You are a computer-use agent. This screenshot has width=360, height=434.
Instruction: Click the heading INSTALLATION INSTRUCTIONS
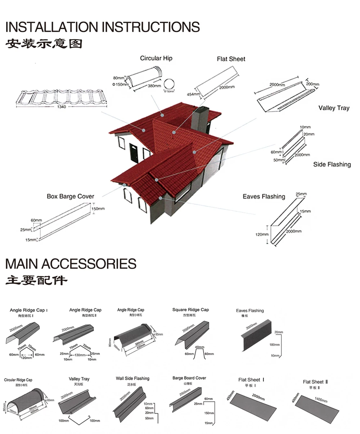(103, 27)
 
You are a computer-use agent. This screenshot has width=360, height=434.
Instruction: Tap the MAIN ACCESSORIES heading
(71, 264)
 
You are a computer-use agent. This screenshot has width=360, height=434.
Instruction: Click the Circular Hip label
(156, 58)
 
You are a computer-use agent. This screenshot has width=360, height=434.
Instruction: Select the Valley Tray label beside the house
(334, 108)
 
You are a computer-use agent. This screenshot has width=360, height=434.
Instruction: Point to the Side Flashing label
(332, 164)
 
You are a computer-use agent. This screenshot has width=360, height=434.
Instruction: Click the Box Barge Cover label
(70, 196)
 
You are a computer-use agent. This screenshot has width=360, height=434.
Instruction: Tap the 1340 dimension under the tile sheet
(62, 107)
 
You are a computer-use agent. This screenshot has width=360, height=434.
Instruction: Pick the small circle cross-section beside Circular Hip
(168, 84)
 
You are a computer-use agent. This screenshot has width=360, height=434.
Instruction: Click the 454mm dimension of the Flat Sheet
(193, 94)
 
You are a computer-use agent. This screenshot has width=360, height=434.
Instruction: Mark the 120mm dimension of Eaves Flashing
(262, 234)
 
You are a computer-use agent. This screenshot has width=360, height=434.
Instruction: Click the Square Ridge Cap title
(190, 310)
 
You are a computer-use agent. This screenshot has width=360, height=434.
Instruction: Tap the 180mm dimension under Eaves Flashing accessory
(274, 345)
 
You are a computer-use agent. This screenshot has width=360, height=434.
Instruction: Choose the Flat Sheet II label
(315, 382)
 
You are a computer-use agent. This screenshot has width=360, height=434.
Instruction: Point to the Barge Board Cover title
(189, 378)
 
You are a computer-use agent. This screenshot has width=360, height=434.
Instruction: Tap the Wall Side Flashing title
(132, 378)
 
